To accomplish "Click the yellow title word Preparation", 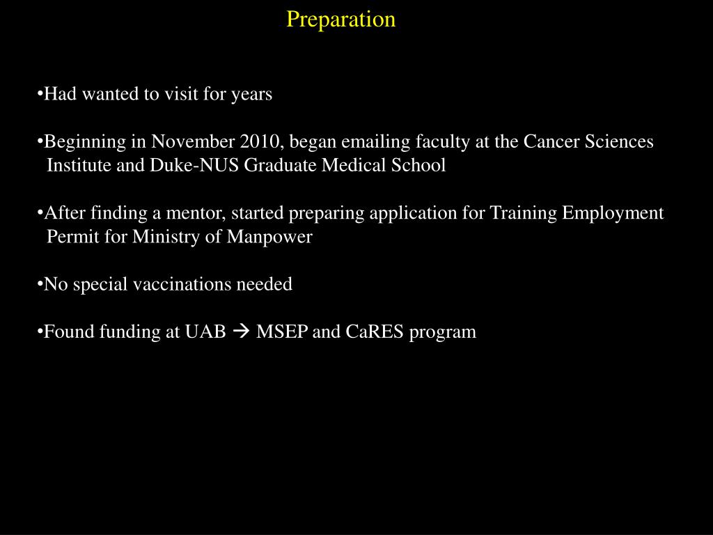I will tap(340, 19).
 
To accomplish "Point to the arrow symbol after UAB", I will tap(241, 332).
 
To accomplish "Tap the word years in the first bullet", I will tap(251, 94).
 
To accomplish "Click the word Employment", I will tap(613, 212).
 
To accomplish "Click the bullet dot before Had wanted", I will tap(40, 94).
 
